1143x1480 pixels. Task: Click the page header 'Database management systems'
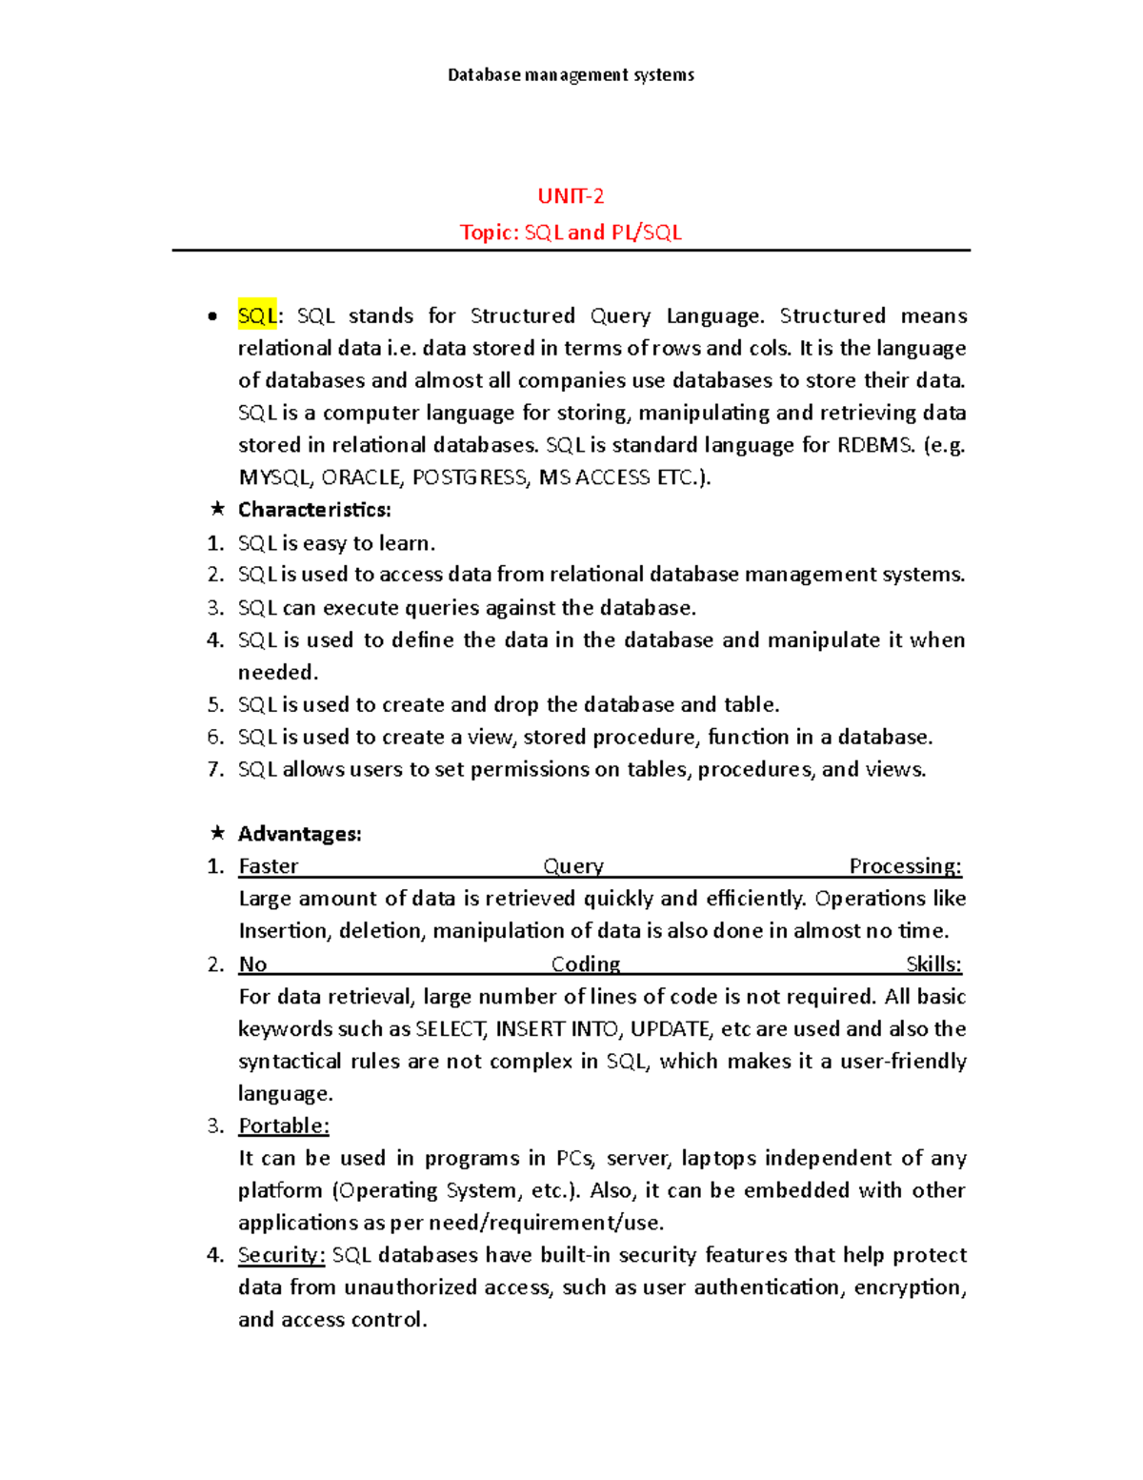click(x=571, y=74)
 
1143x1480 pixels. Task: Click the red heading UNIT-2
click(x=571, y=196)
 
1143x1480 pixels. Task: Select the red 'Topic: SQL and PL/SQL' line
click(x=571, y=233)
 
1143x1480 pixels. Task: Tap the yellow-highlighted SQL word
click(x=256, y=315)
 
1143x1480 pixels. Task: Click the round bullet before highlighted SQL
click(x=212, y=316)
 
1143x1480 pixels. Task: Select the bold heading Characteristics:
click(x=314, y=510)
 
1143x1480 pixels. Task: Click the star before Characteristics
click(x=217, y=509)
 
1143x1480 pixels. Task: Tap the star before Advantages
click(x=217, y=833)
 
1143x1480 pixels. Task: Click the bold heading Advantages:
click(x=299, y=834)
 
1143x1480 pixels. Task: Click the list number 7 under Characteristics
click(x=215, y=770)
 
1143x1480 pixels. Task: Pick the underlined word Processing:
click(x=905, y=866)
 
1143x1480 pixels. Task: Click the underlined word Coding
click(x=586, y=964)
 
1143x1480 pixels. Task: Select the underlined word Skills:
click(x=933, y=964)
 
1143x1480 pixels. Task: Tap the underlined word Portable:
click(x=284, y=1126)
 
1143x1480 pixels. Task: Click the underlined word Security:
click(x=281, y=1255)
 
